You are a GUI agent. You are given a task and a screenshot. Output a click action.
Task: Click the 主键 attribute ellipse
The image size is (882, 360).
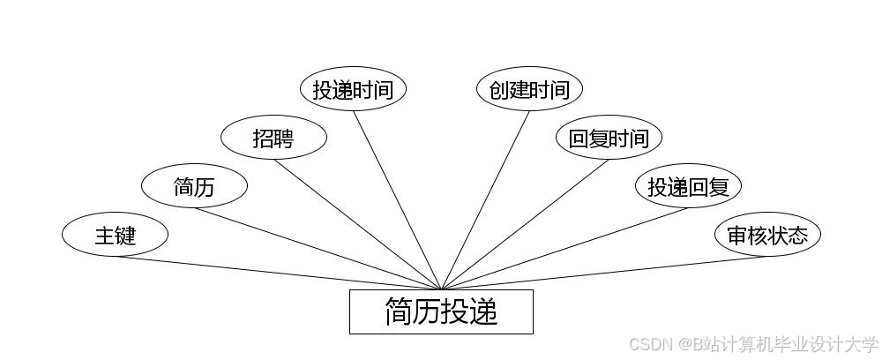(115, 235)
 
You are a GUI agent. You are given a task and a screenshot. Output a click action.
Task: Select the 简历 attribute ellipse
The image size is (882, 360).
(194, 186)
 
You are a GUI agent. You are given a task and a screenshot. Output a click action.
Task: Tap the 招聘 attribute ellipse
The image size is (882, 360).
(273, 138)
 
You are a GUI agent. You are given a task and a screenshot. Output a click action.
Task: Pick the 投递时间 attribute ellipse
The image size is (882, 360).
(353, 89)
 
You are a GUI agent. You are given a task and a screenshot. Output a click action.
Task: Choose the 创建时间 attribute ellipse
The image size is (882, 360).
(529, 89)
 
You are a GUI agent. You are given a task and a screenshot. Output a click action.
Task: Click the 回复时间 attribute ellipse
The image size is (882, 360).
(609, 138)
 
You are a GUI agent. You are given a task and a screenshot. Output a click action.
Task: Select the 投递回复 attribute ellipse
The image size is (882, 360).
(688, 186)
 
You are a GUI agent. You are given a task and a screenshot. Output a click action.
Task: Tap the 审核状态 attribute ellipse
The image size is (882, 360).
(767, 235)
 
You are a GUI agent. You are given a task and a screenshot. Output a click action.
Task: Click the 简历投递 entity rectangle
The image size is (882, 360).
(441, 311)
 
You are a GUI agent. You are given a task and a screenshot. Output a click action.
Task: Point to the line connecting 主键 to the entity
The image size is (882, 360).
(278, 273)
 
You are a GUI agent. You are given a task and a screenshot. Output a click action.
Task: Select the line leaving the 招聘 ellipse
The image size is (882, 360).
(357, 224)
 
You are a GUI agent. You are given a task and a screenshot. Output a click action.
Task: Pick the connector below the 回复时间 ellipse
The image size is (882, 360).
(525, 224)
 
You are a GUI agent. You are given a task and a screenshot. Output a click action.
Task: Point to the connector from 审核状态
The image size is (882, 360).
(604, 273)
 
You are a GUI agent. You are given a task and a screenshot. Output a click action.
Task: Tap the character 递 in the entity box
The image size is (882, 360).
(483, 311)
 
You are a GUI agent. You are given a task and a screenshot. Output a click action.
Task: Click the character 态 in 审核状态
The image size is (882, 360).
(796, 235)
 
